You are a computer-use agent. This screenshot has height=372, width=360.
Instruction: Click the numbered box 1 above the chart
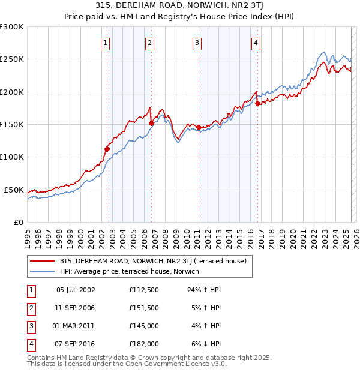[105, 43]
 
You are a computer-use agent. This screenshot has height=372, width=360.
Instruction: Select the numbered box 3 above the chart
[197, 43]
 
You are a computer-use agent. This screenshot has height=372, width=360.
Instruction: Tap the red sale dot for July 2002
[107, 149]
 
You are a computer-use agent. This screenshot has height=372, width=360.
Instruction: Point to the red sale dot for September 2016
[257, 103]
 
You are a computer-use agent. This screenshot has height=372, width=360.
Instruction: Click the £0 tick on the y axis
[18, 222]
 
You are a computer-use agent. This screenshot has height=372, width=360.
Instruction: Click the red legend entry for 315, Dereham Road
[154, 261]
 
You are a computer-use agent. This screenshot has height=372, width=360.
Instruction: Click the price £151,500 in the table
[143, 308]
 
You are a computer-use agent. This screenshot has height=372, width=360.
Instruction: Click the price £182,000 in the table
[143, 344]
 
